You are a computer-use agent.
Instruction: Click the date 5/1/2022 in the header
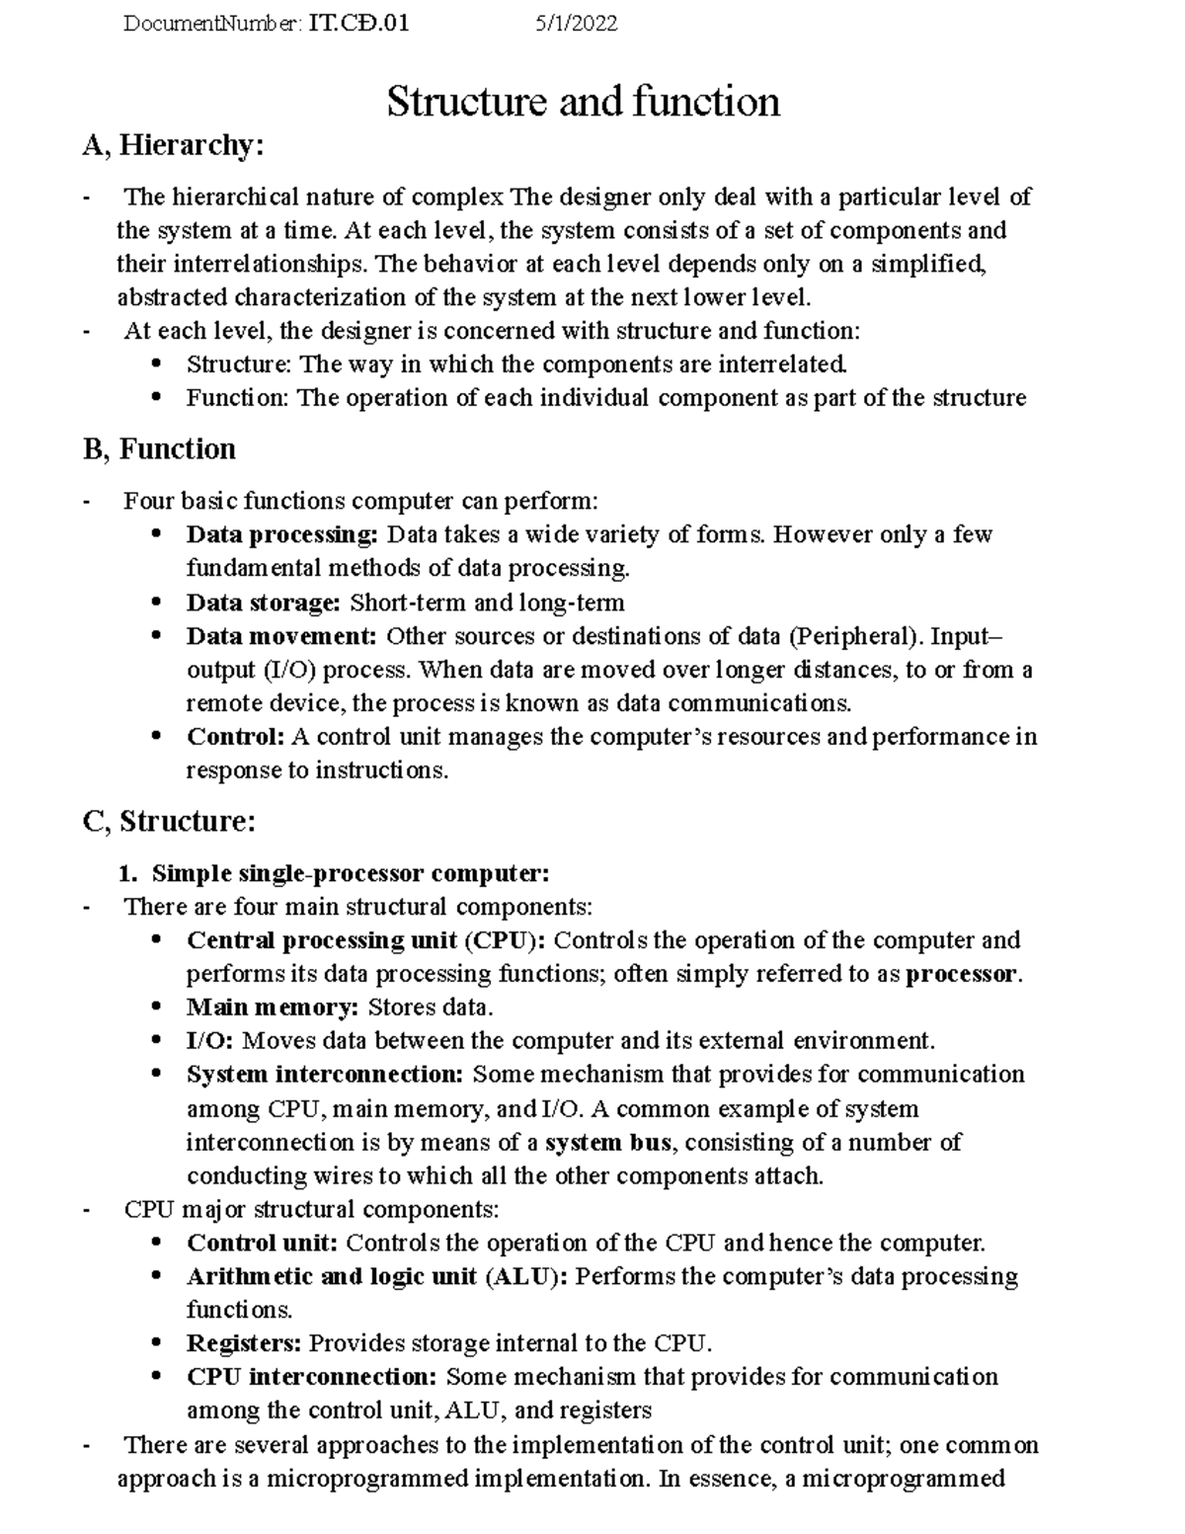576,24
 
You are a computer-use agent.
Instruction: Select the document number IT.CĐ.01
358,24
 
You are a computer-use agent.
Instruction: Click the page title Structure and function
583,102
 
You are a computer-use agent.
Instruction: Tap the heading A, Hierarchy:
174,146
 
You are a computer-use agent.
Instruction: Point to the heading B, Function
159,449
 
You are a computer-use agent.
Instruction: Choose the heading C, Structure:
170,822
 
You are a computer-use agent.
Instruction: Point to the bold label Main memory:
273,1008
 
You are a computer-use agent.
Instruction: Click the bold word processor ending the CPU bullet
961,974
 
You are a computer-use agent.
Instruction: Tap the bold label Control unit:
263,1243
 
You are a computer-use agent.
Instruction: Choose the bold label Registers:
244,1343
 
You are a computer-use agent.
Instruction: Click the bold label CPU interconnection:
312,1377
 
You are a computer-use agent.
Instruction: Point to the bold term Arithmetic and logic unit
332,1276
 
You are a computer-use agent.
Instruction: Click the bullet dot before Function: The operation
156,397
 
